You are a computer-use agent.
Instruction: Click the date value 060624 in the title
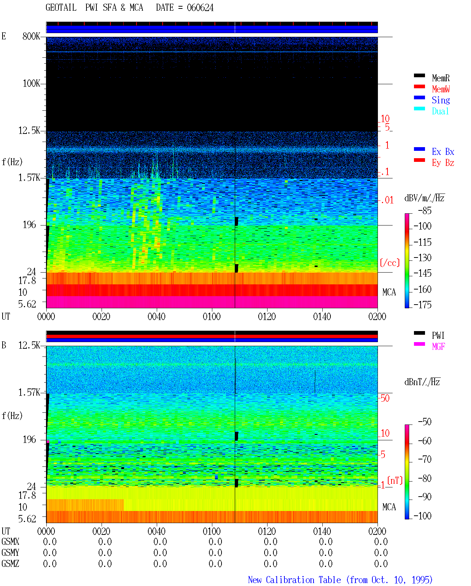pos(200,8)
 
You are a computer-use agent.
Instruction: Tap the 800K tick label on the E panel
pos(31,36)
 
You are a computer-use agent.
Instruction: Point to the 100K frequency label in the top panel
pos(31,84)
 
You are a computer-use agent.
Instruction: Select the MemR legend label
pos(440,78)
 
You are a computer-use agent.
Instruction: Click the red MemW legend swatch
pos(419,86)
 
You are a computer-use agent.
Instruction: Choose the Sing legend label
pos(440,100)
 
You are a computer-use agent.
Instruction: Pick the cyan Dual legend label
pos(440,111)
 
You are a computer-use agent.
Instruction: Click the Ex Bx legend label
pos(443,152)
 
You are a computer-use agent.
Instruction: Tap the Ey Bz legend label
pos(443,163)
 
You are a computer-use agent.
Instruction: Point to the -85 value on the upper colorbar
pos(425,210)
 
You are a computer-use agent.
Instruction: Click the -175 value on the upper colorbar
pos(422,305)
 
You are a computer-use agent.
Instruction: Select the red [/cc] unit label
pos(390,263)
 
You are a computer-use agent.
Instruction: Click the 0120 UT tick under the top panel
pos(267,316)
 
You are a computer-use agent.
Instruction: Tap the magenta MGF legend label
pos(438,347)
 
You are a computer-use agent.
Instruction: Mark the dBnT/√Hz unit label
pos(422,382)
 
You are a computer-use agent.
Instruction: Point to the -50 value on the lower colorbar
pos(425,422)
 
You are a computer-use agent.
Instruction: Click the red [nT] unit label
pos(395,480)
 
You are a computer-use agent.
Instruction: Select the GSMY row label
pos(10,553)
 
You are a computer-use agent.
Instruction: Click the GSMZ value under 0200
pos(381,564)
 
